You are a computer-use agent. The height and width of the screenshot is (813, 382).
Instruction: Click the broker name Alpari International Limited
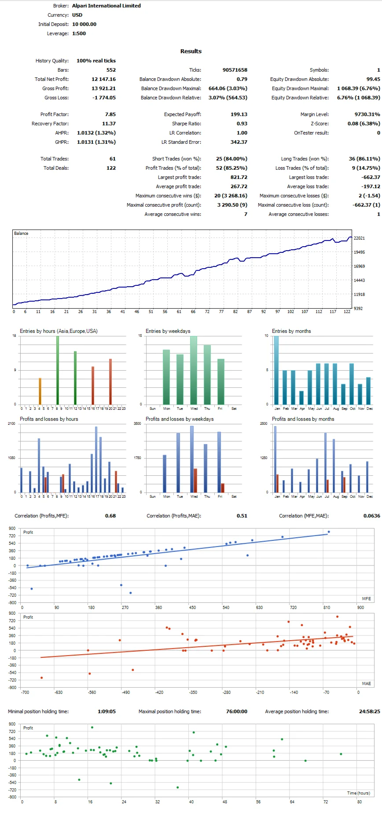pos(106,6)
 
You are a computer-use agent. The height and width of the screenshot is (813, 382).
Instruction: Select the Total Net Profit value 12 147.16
pos(103,79)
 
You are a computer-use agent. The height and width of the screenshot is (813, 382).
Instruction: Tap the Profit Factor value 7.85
pos(110,114)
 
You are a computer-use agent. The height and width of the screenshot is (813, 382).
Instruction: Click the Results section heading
pos(191,51)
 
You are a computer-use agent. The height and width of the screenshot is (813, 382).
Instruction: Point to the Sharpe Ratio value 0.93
pos(242,124)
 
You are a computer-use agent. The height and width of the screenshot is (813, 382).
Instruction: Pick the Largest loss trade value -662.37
pos(371,177)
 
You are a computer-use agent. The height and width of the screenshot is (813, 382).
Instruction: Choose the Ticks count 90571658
pos(235,70)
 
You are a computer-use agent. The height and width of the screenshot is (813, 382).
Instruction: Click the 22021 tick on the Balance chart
pos(359,238)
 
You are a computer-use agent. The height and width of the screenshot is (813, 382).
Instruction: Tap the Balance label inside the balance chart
pos(21,233)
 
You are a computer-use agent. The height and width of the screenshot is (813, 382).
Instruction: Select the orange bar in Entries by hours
pos(40,391)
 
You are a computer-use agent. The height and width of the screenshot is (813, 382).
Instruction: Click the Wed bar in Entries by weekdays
pos(194,370)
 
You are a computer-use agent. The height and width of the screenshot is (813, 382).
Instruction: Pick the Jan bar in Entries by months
pos(276,370)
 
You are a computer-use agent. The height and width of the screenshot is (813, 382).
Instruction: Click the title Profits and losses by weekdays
pos(180,419)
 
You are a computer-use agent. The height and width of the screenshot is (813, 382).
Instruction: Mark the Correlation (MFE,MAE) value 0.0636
pos(371,516)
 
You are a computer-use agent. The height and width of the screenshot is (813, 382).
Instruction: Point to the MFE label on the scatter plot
pos(366,598)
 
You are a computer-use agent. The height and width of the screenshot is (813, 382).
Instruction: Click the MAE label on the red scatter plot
pos(366,683)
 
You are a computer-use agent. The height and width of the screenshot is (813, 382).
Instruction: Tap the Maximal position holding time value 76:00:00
pos(237,711)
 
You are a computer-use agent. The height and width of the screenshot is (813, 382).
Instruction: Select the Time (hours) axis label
pos(358,793)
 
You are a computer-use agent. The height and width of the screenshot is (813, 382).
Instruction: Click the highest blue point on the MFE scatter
pos(329,532)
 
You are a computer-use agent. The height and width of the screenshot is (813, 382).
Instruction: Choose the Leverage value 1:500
pos(79,33)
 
